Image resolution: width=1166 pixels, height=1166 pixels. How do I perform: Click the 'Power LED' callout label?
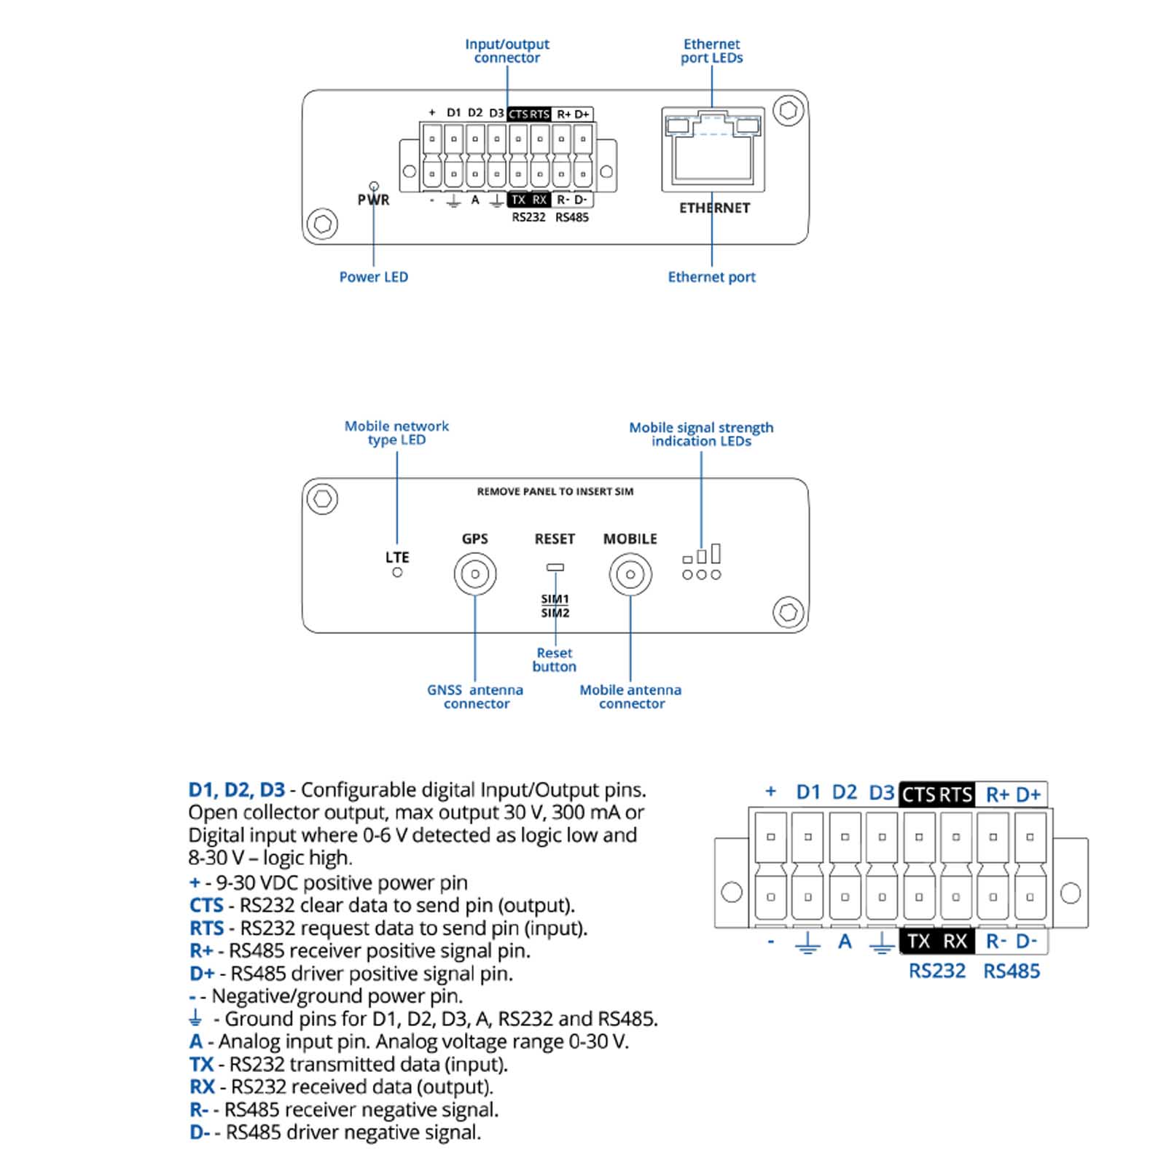click(373, 277)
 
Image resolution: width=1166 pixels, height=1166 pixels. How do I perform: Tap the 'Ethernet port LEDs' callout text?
click(711, 51)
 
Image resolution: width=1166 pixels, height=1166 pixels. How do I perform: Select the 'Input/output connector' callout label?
click(506, 51)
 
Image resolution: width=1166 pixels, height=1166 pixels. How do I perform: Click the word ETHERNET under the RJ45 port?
click(714, 208)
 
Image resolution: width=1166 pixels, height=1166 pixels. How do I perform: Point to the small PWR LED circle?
click(374, 186)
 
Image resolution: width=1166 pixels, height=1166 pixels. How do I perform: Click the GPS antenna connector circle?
click(475, 574)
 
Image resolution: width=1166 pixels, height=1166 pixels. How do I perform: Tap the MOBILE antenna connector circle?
click(630, 574)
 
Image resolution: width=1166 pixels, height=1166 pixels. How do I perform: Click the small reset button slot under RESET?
click(555, 567)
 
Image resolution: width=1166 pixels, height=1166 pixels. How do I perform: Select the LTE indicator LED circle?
click(397, 573)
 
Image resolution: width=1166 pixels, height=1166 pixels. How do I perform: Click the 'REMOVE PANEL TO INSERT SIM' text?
click(555, 492)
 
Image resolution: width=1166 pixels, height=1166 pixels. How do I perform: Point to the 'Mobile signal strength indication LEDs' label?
click(701, 434)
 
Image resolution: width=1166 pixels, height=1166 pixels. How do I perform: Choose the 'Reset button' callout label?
click(555, 660)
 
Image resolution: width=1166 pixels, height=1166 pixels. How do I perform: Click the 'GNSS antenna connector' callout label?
click(475, 697)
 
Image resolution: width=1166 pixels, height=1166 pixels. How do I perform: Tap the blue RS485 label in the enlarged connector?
click(1012, 971)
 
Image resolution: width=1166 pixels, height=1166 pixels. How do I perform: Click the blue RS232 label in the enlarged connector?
click(937, 971)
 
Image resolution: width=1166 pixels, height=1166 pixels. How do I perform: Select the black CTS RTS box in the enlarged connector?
click(937, 794)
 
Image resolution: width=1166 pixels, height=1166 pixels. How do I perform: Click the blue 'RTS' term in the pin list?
click(206, 928)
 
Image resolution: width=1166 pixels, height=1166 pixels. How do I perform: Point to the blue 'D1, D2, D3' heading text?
click(236, 790)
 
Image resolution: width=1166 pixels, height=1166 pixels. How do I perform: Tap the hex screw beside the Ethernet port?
click(789, 111)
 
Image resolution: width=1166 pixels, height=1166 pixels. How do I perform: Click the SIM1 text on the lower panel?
click(555, 599)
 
